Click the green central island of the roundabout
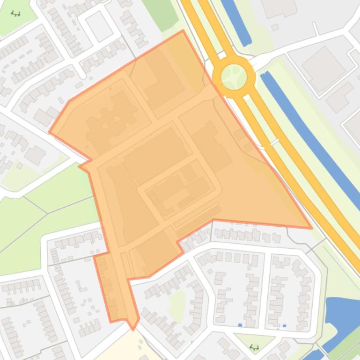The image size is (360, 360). [234, 76]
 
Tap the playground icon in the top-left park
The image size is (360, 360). [16, 14]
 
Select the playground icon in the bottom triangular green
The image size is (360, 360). [255, 347]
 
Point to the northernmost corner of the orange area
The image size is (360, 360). [183, 31]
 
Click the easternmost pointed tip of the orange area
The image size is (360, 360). [311, 228]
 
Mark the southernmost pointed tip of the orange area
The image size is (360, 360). [133, 329]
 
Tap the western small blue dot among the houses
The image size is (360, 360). [240, 325]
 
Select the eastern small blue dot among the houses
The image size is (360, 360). [284, 325]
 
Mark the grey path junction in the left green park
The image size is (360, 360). [47, 213]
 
